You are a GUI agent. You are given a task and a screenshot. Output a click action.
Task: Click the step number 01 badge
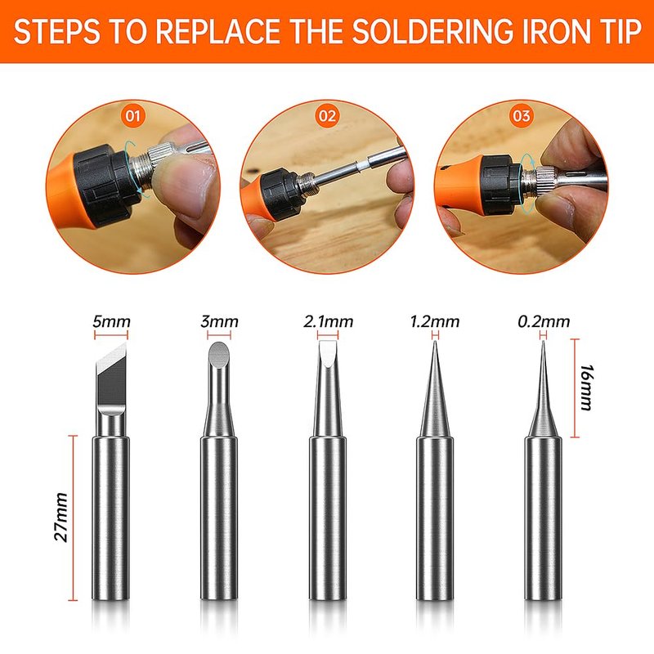click(x=133, y=115)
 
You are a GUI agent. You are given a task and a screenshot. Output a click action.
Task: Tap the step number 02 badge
click(x=328, y=115)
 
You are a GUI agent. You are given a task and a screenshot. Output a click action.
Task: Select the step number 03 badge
click(x=522, y=115)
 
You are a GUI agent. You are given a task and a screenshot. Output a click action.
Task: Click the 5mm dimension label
click(x=111, y=321)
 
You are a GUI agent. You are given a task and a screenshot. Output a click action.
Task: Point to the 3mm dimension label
click(x=219, y=321)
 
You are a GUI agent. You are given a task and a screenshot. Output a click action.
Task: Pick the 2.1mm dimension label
click(x=329, y=321)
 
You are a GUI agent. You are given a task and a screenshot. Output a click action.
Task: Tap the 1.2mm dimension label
click(x=435, y=321)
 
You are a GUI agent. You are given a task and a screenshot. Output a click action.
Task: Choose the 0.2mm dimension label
click(x=544, y=321)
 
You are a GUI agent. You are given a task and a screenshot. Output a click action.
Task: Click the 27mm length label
click(x=61, y=517)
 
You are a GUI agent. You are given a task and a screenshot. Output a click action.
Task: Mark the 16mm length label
click(x=587, y=387)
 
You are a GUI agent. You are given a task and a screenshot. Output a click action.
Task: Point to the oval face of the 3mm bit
click(x=219, y=356)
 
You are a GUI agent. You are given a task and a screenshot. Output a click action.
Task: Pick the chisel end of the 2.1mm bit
click(x=328, y=353)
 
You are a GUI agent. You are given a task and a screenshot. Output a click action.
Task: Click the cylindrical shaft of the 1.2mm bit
click(x=435, y=518)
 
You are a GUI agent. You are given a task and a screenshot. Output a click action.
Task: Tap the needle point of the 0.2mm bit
click(x=543, y=343)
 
